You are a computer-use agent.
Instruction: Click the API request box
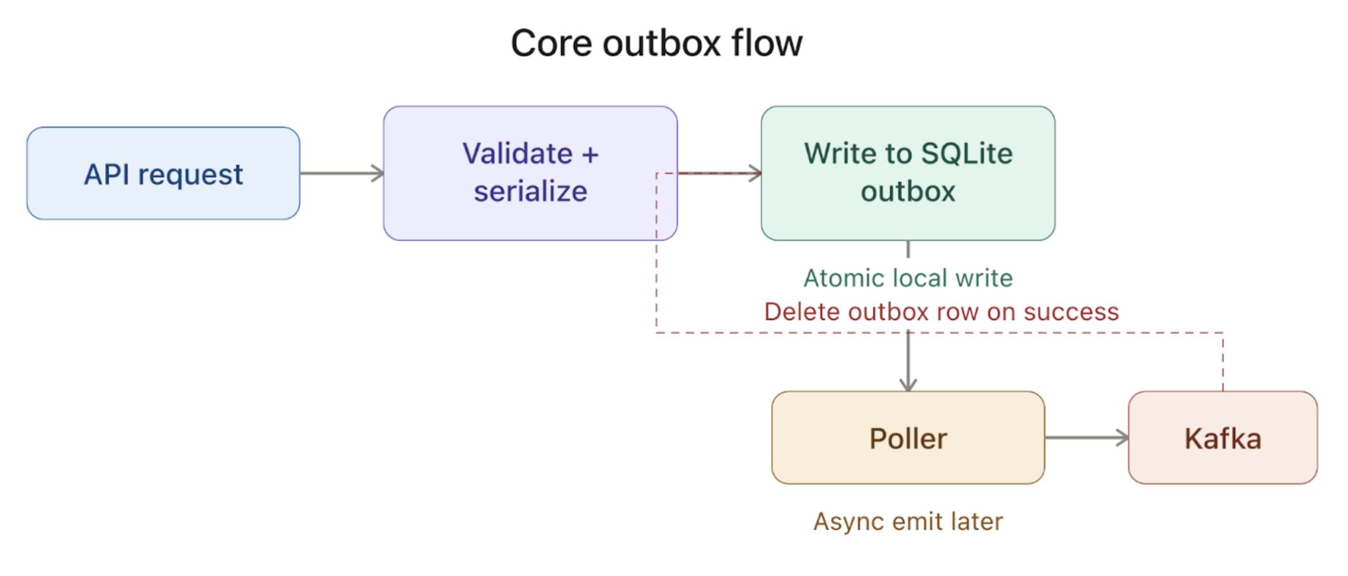click(163, 173)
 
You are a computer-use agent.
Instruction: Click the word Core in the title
click(551, 44)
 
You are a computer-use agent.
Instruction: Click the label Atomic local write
click(907, 278)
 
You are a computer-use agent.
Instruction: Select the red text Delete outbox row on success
click(941, 312)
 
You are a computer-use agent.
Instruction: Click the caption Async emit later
click(907, 521)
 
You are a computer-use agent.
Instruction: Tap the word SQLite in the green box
click(966, 154)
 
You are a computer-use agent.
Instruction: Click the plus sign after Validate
click(590, 155)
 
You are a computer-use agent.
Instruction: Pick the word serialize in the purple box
click(530, 191)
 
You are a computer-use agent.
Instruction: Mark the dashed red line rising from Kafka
click(1222, 362)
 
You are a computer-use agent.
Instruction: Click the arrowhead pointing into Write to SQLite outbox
click(755, 173)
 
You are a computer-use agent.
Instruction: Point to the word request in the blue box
click(190, 174)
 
